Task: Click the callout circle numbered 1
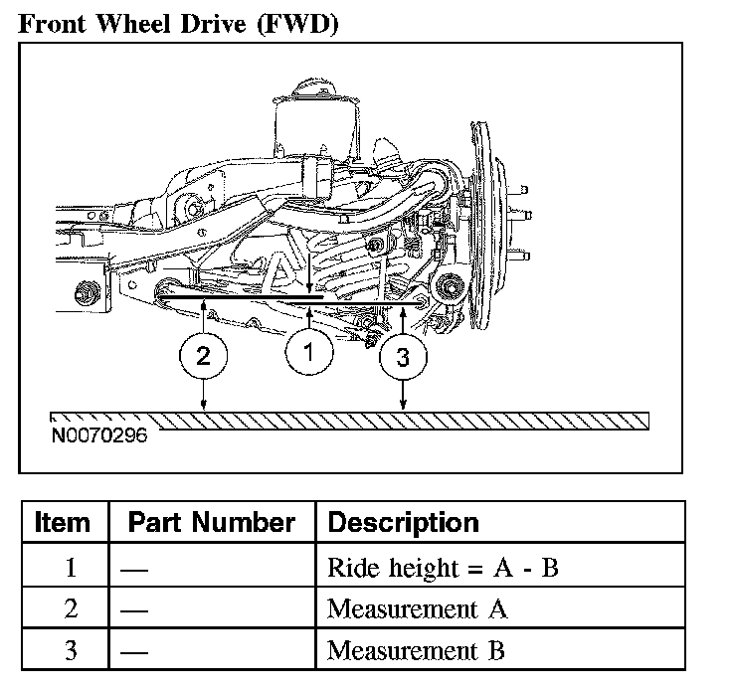tap(309, 351)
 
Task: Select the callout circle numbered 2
tap(203, 356)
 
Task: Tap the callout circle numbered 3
tap(403, 357)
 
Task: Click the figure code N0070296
tap(99, 435)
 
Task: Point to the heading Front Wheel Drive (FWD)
tap(178, 23)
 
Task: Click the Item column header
tap(63, 522)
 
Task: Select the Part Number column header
tap(212, 522)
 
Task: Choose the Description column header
tap(404, 523)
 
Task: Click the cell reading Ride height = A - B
tap(443, 568)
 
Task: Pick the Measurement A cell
tap(417, 608)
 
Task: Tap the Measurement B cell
tap(416, 650)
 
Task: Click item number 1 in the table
tap(71, 568)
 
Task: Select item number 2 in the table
tap(71, 608)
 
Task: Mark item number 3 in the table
tap(71, 650)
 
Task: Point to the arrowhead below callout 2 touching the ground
tap(203, 405)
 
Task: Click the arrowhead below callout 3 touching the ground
tap(403, 405)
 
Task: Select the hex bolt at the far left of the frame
tap(87, 293)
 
